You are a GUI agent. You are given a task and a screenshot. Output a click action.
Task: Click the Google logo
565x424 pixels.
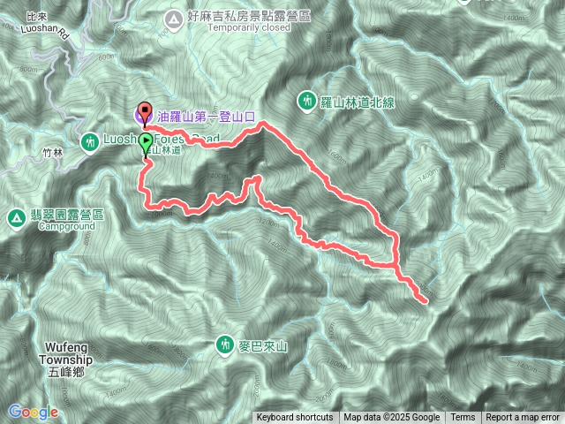click(33, 412)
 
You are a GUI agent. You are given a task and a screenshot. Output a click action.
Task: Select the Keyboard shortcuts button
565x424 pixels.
click(295, 418)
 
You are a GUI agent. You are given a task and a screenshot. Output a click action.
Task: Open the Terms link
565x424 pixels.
click(463, 418)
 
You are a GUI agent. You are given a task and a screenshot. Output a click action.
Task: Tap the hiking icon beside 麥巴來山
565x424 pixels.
click(225, 344)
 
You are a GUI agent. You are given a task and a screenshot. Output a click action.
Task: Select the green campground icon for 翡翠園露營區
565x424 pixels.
click(16, 217)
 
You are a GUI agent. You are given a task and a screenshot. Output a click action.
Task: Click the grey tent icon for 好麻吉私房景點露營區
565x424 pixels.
click(172, 16)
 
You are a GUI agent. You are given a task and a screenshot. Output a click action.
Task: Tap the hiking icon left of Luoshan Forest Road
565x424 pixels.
click(90, 141)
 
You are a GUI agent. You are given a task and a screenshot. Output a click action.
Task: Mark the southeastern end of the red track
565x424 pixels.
click(426, 302)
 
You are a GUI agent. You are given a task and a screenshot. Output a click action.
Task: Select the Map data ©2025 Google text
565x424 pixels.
click(392, 418)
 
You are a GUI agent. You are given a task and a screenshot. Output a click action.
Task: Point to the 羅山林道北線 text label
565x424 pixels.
click(357, 102)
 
